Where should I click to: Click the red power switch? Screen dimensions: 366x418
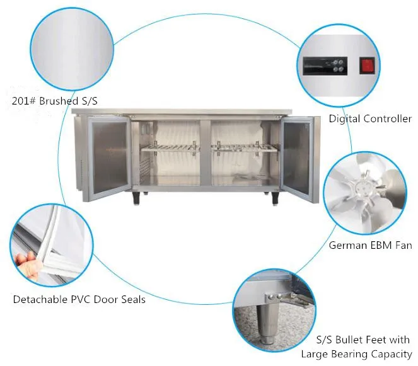[x=366, y=64]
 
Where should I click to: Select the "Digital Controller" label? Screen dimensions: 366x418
[x=370, y=118]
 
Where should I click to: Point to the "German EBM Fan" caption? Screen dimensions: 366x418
[x=370, y=246]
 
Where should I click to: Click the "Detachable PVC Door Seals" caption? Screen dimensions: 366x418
[x=79, y=299]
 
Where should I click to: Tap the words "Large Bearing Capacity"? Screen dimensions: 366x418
[x=356, y=355]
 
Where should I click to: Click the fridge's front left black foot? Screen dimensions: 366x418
[x=137, y=198]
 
